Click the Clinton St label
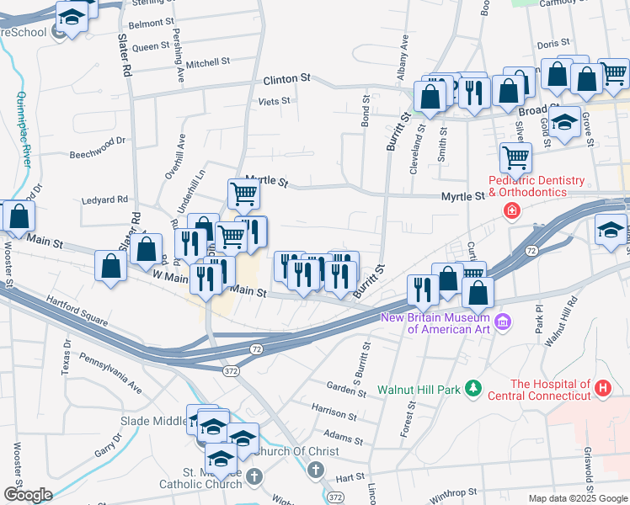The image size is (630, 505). click(280, 79)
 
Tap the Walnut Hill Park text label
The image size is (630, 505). click(419, 390)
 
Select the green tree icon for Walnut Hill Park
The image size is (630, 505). click(474, 388)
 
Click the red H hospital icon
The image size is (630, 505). click(602, 388)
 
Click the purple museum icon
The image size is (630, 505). click(503, 321)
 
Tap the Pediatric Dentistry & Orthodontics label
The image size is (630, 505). click(537, 187)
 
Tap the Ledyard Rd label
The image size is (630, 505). click(104, 199)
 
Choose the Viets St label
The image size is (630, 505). click(275, 101)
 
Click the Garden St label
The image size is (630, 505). click(346, 389)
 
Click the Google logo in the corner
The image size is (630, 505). click(28, 495)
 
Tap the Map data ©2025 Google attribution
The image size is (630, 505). click(578, 498)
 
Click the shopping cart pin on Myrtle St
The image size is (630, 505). click(243, 194)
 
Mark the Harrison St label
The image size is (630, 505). click(334, 413)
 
